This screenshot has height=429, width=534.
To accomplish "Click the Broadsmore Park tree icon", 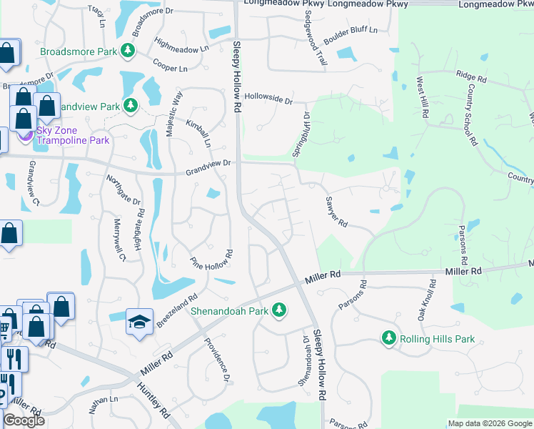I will pos(128,50).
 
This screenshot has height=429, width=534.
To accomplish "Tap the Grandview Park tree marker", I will pos(130,106).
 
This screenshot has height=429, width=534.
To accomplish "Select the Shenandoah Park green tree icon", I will pos(281,310).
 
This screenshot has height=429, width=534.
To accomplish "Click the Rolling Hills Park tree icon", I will pos(389,337).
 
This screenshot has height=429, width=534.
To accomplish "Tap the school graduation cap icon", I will pos(139,321).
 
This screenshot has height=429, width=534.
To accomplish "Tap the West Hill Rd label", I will pos(423,98).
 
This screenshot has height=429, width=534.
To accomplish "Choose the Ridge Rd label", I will pos(470,74).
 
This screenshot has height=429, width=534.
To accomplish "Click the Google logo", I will pos(24,420).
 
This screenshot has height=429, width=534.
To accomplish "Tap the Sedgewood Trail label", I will pos(317,44).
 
